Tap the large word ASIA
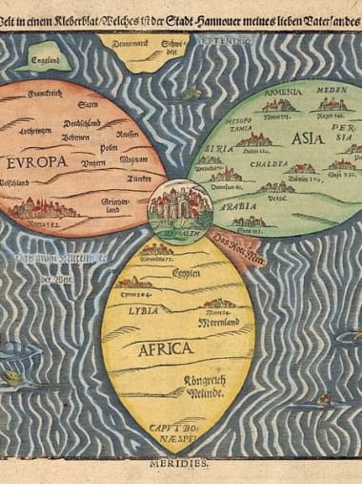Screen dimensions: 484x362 pyautogui.click(x=307, y=138)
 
